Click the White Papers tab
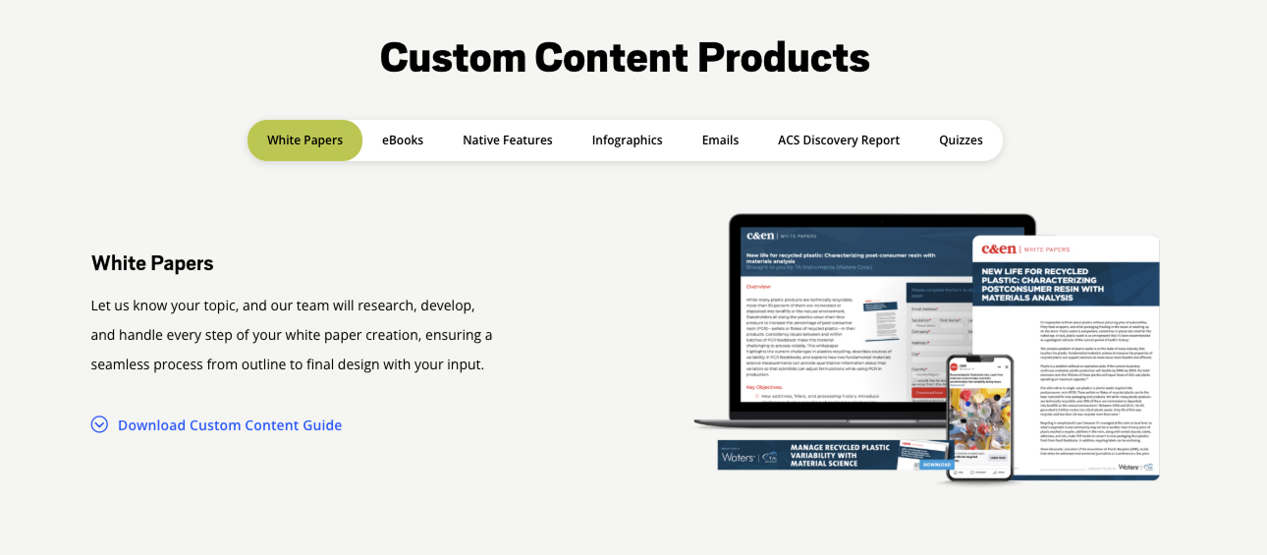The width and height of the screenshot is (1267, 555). tap(304, 140)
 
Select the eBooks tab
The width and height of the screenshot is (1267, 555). tap(403, 140)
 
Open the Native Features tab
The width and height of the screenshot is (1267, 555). tap(508, 140)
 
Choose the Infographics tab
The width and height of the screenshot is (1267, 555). tap(627, 140)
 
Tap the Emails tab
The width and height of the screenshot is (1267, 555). tap(720, 140)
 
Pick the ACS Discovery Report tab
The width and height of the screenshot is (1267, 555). tap(839, 140)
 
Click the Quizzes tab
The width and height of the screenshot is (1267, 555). tap(961, 140)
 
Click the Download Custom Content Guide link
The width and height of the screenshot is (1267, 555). tap(230, 425)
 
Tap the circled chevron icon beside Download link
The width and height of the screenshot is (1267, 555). tap(99, 424)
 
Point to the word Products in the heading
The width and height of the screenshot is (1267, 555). tap(784, 58)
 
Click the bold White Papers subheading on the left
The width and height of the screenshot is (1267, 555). tap(152, 263)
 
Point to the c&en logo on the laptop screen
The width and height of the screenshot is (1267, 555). tap(761, 236)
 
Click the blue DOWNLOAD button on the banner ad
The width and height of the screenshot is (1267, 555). tap(936, 464)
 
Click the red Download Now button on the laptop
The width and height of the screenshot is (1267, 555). tap(928, 393)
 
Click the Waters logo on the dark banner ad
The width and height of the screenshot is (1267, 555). tap(739, 457)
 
